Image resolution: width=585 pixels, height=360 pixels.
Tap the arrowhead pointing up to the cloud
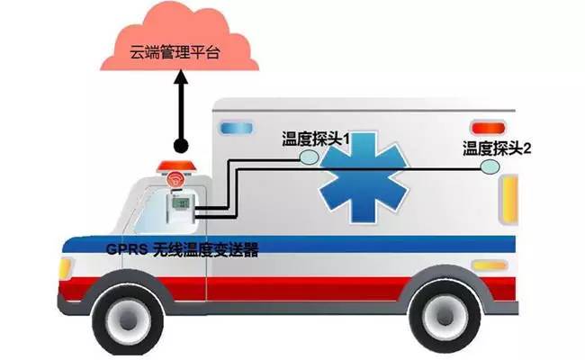pos(181,80)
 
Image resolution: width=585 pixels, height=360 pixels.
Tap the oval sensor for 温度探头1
pos(309,156)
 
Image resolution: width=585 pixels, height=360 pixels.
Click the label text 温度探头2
pos(497,148)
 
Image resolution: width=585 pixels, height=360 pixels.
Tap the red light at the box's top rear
pos(485,126)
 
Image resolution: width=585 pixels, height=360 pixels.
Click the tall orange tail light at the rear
pos(510,197)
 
